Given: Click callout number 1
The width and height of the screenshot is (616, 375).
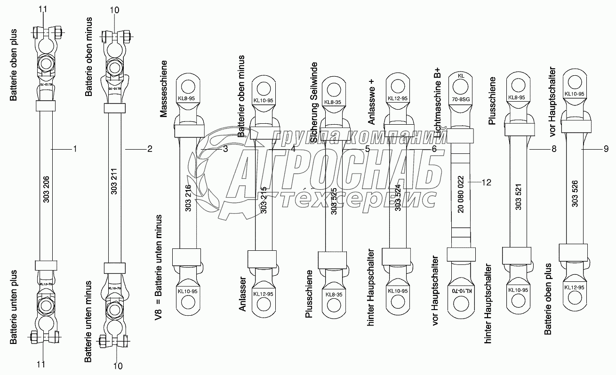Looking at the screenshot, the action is pyautogui.click(x=74, y=149).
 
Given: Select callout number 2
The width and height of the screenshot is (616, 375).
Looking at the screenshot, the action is pyautogui.click(x=150, y=149).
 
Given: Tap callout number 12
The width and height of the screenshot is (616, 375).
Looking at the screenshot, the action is pyautogui.click(x=487, y=183).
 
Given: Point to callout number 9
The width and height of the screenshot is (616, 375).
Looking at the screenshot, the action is pyautogui.click(x=606, y=149).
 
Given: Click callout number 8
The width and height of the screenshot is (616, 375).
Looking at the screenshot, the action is pyautogui.click(x=553, y=149).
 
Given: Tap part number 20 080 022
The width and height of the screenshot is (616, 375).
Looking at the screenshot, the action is pyautogui.click(x=461, y=194).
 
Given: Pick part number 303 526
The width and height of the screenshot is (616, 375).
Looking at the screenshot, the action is pyautogui.click(x=575, y=194).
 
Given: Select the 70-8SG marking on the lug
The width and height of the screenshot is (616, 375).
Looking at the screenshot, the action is pyautogui.click(x=461, y=99).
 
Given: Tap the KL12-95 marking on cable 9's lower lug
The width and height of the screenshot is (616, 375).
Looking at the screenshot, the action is pyautogui.click(x=574, y=287).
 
